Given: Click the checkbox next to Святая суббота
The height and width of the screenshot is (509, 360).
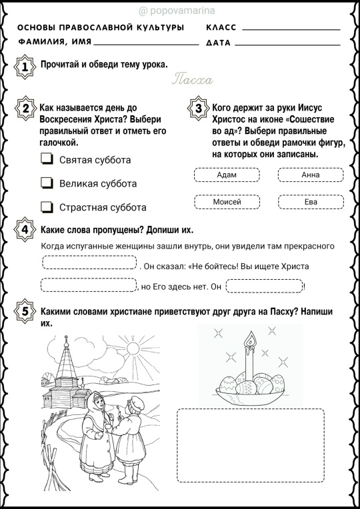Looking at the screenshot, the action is pos(47,159).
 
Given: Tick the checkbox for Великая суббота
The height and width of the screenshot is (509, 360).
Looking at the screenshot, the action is pos(47,183).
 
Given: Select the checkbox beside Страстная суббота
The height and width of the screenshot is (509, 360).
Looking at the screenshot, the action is pos(47,207).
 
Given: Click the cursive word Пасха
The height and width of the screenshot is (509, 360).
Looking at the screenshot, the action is pos(193,79).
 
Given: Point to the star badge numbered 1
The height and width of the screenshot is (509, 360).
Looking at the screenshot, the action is pos(25,67).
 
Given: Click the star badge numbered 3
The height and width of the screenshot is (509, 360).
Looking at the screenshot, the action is pos(198,108).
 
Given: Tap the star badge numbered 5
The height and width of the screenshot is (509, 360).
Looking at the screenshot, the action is pos(25,311).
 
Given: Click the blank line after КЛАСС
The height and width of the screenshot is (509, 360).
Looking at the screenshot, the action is pos(291,30).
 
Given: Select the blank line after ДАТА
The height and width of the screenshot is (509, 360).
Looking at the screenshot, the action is pos(287,45).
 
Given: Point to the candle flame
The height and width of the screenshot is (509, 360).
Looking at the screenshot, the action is pos(250,339).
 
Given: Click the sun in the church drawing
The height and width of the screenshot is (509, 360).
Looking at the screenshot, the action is pos(133,348).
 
